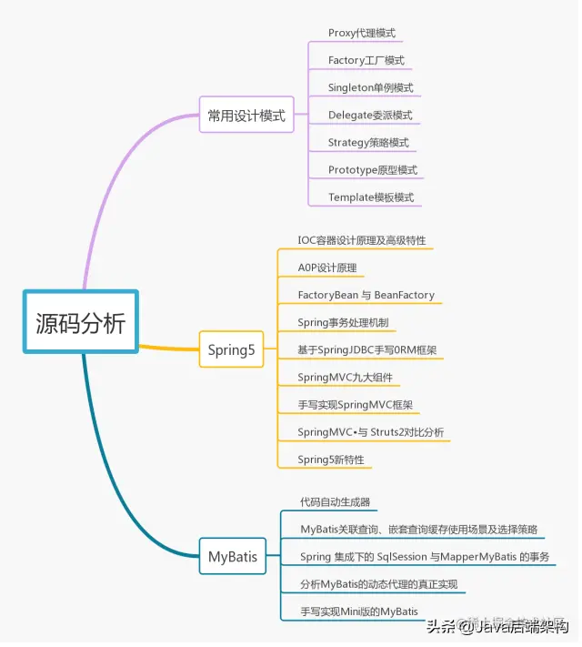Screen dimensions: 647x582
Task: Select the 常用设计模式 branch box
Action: (246, 115)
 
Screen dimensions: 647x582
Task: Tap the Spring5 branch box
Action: (231, 349)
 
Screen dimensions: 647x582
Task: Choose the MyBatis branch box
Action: (232, 555)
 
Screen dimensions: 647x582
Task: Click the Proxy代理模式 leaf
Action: (361, 33)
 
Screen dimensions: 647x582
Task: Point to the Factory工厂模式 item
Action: (366, 60)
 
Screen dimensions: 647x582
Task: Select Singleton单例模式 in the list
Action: (370, 87)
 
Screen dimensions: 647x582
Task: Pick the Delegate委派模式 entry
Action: (369, 115)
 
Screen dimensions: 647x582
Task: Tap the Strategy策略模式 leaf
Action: (368, 142)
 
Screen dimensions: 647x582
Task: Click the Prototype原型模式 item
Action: (372, 169)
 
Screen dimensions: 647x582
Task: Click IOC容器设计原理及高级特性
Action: (361, 241)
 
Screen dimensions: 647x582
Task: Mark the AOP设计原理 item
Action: (326, 268)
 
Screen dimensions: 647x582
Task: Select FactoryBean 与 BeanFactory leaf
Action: (366, 295)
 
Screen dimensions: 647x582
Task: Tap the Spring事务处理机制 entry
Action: (346, 322)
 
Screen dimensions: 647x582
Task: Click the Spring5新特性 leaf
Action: (330, 460)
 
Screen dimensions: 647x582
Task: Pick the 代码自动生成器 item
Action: (335, 501)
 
